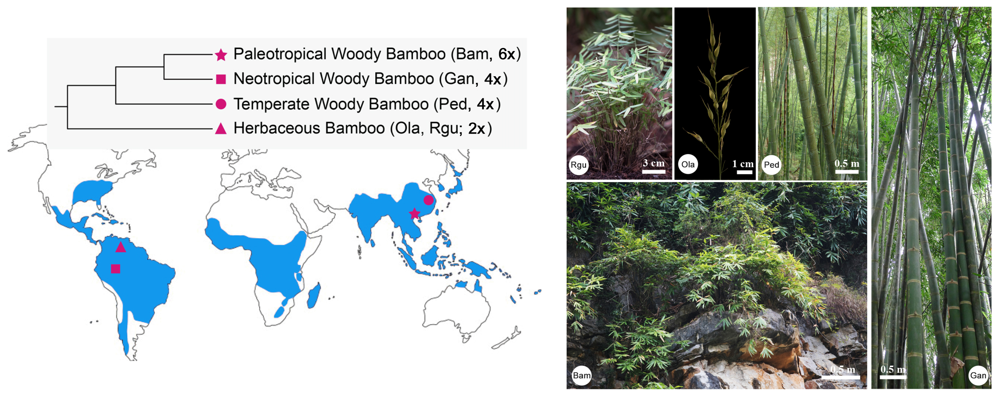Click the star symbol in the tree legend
[221, 55]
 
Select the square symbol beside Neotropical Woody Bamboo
[221, 79]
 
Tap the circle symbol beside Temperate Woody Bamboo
[221, 104]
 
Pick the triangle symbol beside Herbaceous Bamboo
[221, 129]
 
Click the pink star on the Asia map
[414, 213]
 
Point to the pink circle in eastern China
[428, 201]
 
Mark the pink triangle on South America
[121, 247]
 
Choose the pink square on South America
[115, 269]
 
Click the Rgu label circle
[578, 165]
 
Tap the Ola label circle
[688, 164]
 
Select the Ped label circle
[771, 165]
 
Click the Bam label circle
[582, 376]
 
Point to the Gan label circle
[978, 376]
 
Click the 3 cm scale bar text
[654, 163]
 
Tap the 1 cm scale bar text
[742, 164]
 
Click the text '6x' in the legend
[507, 54]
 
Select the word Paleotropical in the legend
[279, 54]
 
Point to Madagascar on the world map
[314, 296]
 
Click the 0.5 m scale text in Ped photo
[847, 163]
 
